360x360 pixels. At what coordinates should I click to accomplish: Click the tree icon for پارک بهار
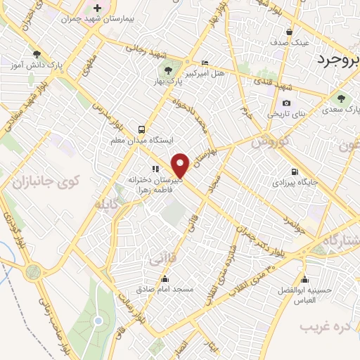coord(167,69)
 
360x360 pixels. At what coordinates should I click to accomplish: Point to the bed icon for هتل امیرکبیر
coord(205,63)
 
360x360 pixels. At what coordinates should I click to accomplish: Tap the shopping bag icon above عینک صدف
coord(290,32)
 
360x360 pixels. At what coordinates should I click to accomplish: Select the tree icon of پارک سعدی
coord(342,98)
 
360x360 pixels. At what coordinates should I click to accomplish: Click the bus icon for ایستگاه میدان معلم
coord(141,129)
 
